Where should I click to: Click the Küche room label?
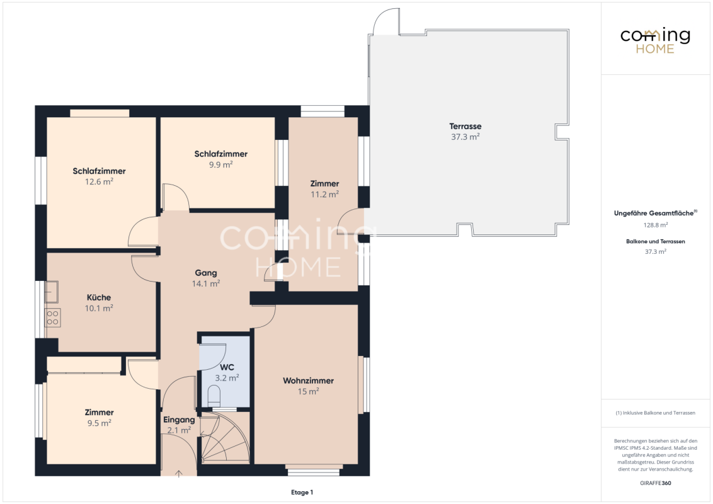[99, 297]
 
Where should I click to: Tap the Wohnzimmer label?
[308, 381]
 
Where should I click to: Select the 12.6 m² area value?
[99, 181]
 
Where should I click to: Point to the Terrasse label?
[465, 127]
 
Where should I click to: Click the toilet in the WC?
[214, 396]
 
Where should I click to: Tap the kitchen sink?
[51, 292]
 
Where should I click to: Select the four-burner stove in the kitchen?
[52, 318]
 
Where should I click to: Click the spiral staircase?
[225, 438]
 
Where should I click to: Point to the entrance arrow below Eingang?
[179, 474]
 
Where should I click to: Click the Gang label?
[205, 273]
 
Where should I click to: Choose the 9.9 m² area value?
[221, 164]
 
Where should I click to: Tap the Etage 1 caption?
[302, 492]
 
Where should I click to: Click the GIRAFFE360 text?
[655, 483]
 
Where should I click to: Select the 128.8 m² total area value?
[655, 225]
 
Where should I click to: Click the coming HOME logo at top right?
[655, 41]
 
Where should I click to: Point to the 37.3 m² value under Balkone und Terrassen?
[655, 251]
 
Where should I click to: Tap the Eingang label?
[179, 420]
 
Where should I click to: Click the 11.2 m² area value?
[324, 194]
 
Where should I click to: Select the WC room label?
[227, 367]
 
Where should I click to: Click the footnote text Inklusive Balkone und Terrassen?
[659, 413]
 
